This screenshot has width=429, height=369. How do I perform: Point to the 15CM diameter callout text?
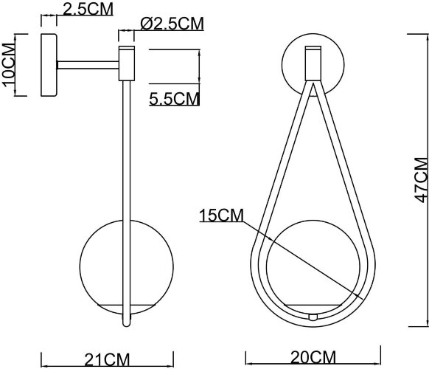pyautogui.click(x=220, y=215)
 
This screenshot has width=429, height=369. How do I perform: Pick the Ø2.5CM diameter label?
pyautogui.click(x=172, y=23)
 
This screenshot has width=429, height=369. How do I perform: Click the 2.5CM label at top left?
pyautogui.click(x=87, y=9)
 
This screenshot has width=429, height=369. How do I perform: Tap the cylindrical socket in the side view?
pyautogui.click(x=128, y=63)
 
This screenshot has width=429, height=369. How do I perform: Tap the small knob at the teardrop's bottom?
pyautogui.click(x=313, y=316)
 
